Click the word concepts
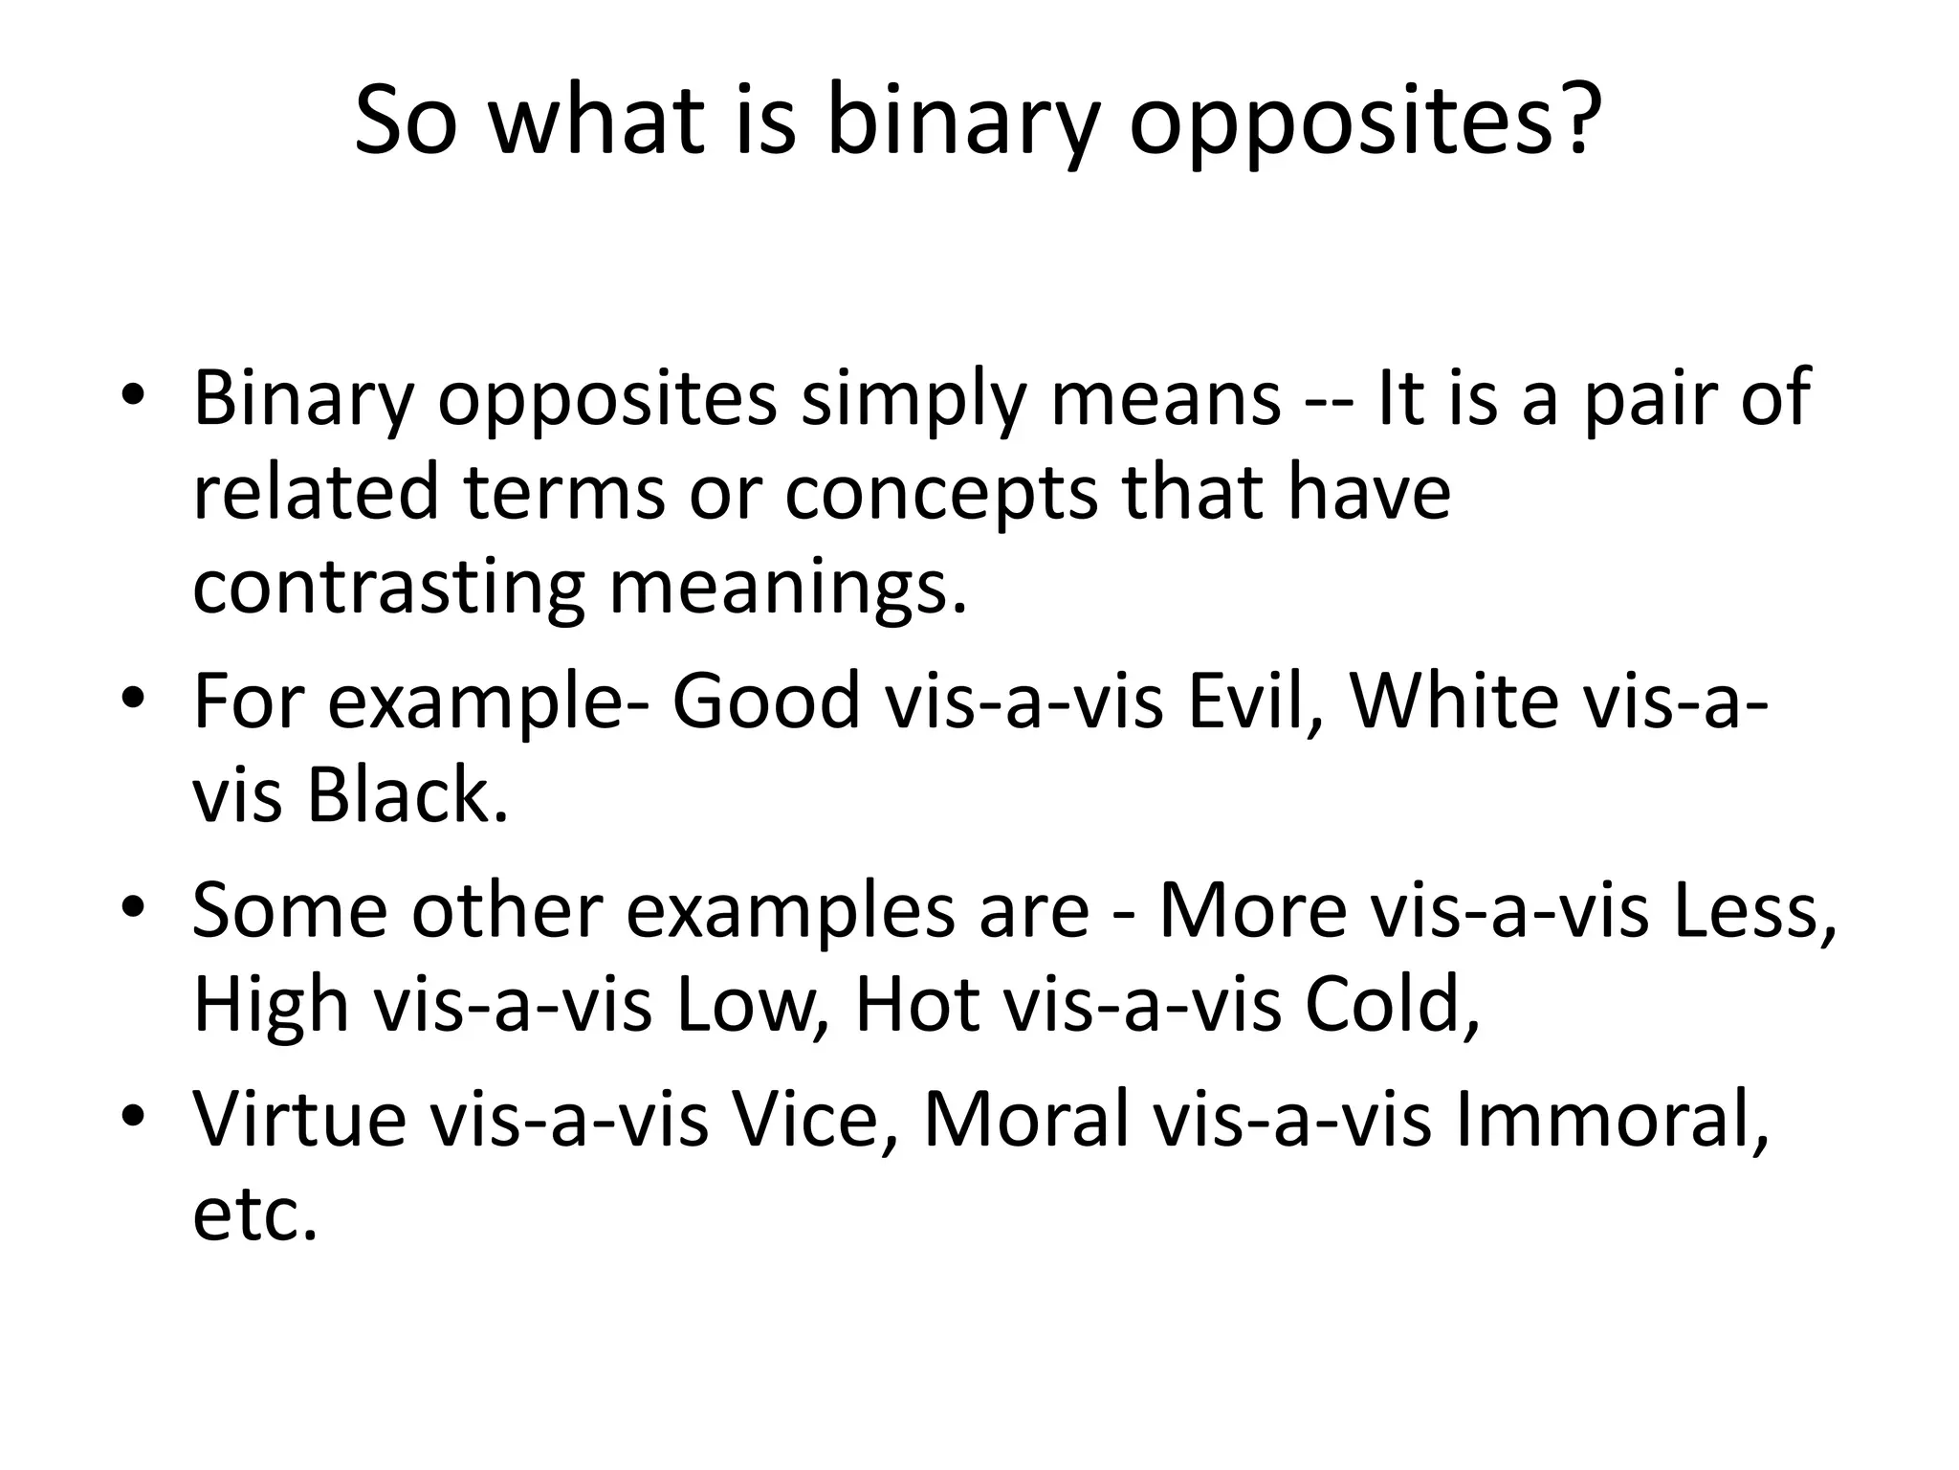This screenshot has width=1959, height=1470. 942,493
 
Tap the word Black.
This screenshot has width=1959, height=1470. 407,795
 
